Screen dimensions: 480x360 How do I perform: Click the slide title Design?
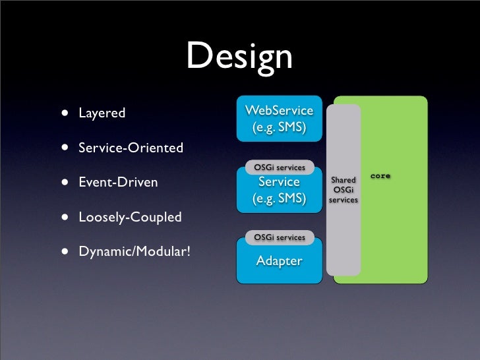[x=239, y=57]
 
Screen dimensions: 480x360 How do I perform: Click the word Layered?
[x=102, y=113]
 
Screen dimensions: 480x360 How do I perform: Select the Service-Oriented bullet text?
[x=131, y=148]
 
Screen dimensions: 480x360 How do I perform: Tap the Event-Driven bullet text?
[x=118, y=182]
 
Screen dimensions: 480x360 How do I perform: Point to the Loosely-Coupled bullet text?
[x=130, y=217]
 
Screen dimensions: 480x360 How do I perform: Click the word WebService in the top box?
[x=278, y=109]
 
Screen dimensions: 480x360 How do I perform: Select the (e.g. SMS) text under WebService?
[x=278, y=127]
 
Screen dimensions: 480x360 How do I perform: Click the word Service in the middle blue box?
[x=278, y=182]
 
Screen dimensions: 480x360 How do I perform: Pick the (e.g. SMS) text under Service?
[x=278, y=198]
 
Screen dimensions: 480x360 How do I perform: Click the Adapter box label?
[x=279, y=261]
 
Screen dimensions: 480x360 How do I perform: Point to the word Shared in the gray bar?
[x=344, y=180]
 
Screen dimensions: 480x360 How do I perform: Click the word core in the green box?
[x=380, y=176]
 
